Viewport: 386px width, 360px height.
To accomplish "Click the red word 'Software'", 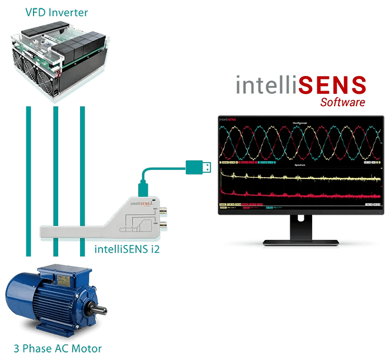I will pos(342,102).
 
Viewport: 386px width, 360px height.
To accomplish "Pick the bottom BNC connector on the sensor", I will pos(163,225).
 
